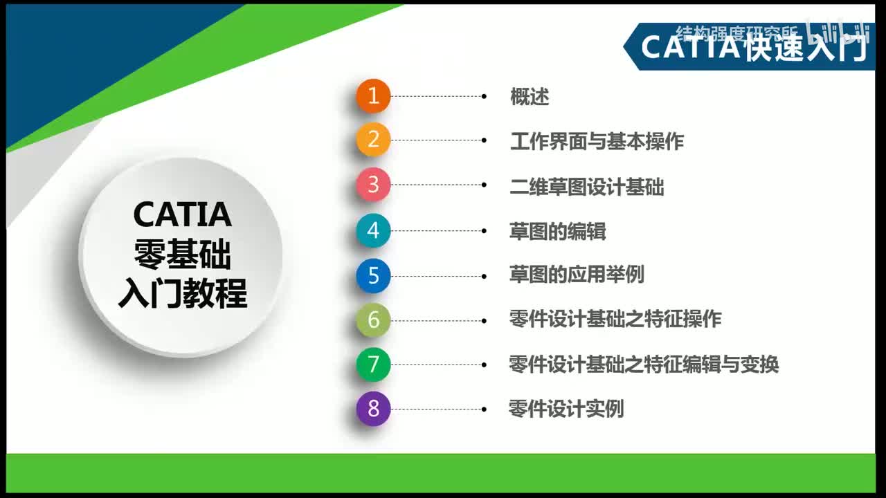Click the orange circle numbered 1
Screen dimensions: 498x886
coord(374,95)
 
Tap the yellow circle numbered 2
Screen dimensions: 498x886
coord(374,140)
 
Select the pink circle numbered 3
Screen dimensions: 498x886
coord(374,185)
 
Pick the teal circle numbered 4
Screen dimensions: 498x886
coord(374,230)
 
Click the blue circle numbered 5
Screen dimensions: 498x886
coord(374,275)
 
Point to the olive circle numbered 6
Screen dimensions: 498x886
coord(374,320)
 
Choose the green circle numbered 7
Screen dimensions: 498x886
coord(374,364)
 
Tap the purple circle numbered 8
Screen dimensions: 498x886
coord(374,408)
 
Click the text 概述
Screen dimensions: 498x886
coord(530,97)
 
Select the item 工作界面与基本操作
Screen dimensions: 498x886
coord(597,141)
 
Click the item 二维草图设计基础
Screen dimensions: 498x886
coord(587,187)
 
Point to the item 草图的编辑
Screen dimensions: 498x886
coord(558,231)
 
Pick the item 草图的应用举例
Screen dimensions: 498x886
coord(577,275)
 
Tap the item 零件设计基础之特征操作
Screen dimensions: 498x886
coord(615,319)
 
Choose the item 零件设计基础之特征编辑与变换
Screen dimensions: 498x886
coord(644,364)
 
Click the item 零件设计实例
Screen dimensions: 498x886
coord(566,409)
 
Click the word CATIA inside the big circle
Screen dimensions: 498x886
coord(182,215)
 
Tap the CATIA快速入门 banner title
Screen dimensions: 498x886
coord(753,47)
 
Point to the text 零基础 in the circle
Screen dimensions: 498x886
coord(182,255)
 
